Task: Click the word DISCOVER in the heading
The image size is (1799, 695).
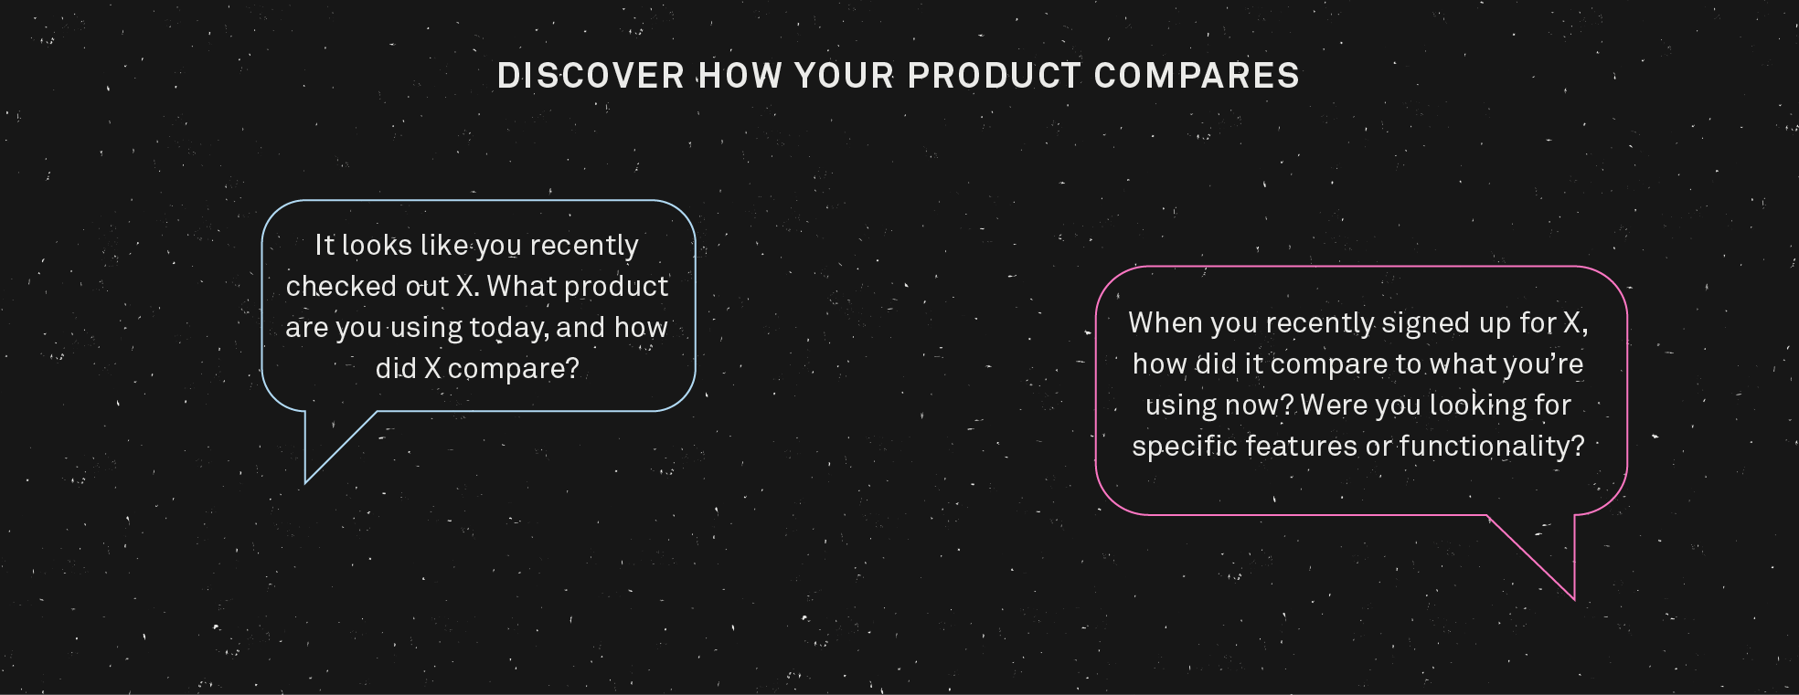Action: [591, 76]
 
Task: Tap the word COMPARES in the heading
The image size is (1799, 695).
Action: [1197, 76]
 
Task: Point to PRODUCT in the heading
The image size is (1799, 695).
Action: [995, 76]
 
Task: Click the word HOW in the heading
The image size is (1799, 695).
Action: [740, 76]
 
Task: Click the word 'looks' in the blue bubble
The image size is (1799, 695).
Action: [377, 246]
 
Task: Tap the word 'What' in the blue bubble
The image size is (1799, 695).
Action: [521, 287]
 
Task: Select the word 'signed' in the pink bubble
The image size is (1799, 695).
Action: [1446, 323]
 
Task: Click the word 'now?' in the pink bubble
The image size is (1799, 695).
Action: [1261, 405]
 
